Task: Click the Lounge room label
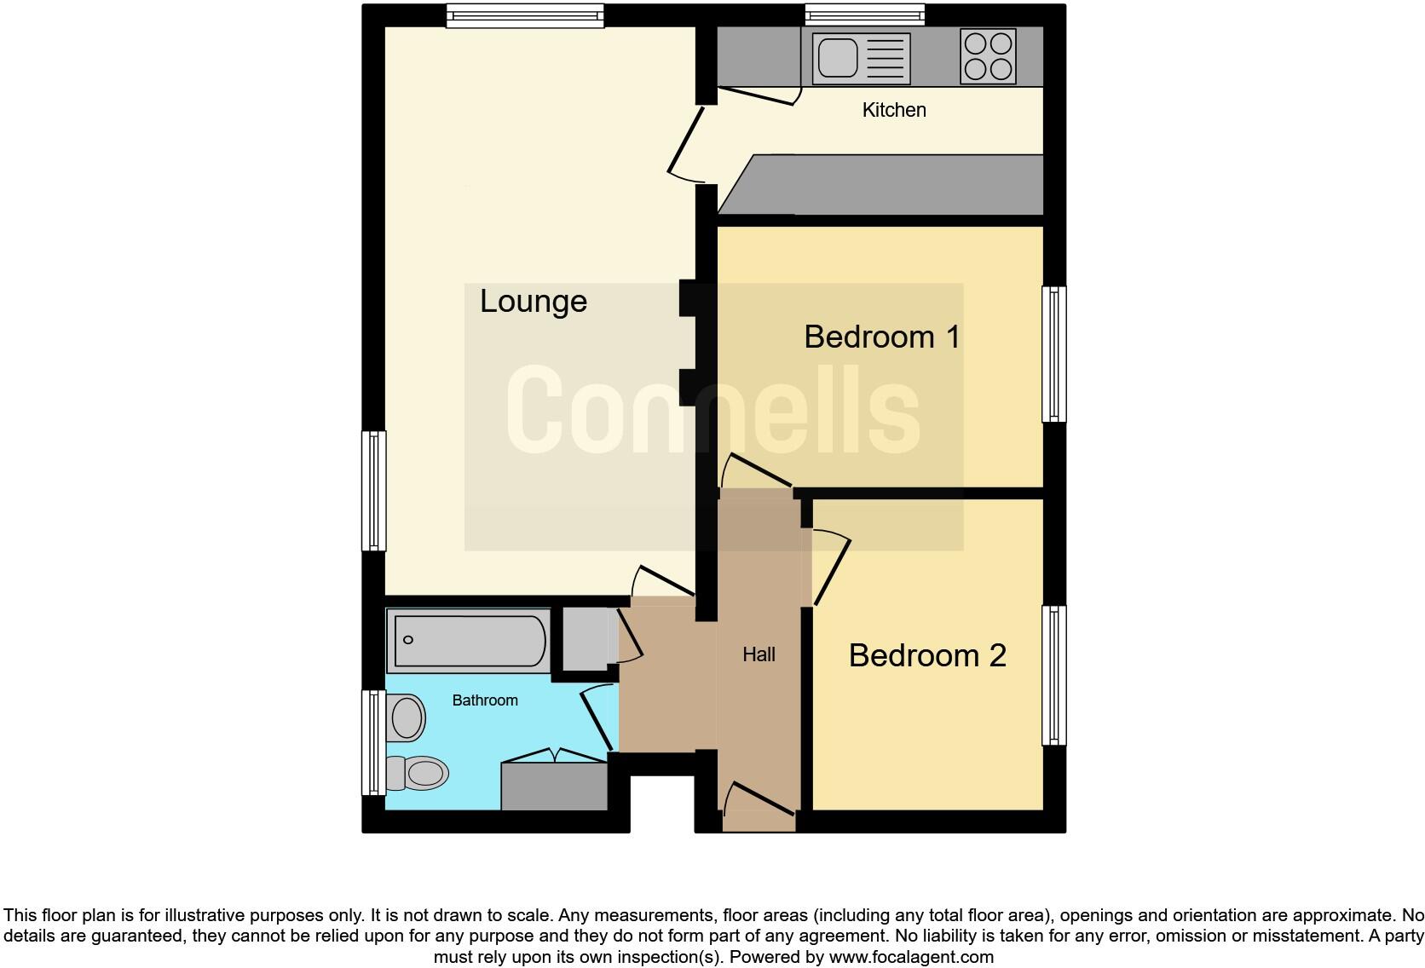click(x=533, y=302)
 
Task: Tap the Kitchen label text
click(x=893, y=110)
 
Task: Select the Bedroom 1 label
click(x=881, y=337)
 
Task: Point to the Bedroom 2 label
click(x=927, y=655)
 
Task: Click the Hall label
click(x=759, y=654)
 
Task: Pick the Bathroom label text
click(x=484, y=700)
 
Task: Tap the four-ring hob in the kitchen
click(x=988, y=56)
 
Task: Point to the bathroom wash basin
click(x=407, y=717)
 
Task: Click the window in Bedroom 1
click(x=1054, y=354)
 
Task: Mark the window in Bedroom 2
click(x=1054, y=675)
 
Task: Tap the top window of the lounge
click(x=524, y=16)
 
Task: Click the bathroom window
click(x=373, y=742)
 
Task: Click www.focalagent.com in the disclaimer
click(x=910, y=957)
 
